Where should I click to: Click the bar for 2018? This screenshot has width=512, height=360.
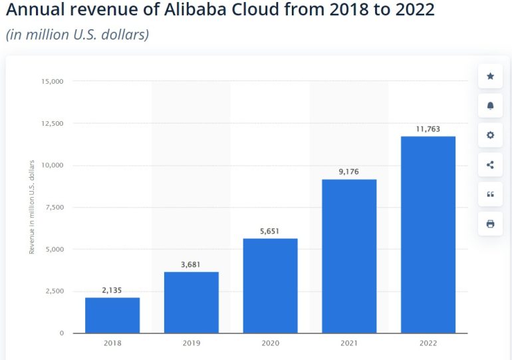click(x=112, y=315)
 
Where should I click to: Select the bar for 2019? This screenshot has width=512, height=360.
click(x=192, y=302)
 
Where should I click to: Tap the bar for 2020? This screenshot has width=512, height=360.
click(x=270, y=285)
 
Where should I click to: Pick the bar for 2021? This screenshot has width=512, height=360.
click(x=349, y=256)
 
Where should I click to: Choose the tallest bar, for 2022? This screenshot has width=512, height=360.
click(x=428, y=234)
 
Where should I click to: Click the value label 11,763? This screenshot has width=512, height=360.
click(x=428, y=129)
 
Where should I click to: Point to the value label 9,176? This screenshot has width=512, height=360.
click(x=349, y=172)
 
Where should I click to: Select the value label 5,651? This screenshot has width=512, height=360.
click(x=270, y=231)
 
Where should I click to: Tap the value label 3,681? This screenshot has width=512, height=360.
click(x=192, y=264)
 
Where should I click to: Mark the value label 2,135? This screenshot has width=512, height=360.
click(x=112, y=290)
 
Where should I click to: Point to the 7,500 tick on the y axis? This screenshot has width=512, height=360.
click(x=54, y=208)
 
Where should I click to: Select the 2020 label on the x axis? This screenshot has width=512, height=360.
click(x=270, y=343)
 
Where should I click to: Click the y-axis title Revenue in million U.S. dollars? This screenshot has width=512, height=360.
click(x=31, y=207)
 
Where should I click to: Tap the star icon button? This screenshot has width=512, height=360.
click(x=490, y=77)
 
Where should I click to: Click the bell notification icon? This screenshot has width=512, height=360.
click(x=490, y=106)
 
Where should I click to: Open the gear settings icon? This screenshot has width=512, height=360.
click(x=490, y=135)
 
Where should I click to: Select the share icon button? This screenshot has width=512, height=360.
click(x=490, y=165)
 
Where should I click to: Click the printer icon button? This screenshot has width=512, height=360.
click(x=490, y=224)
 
